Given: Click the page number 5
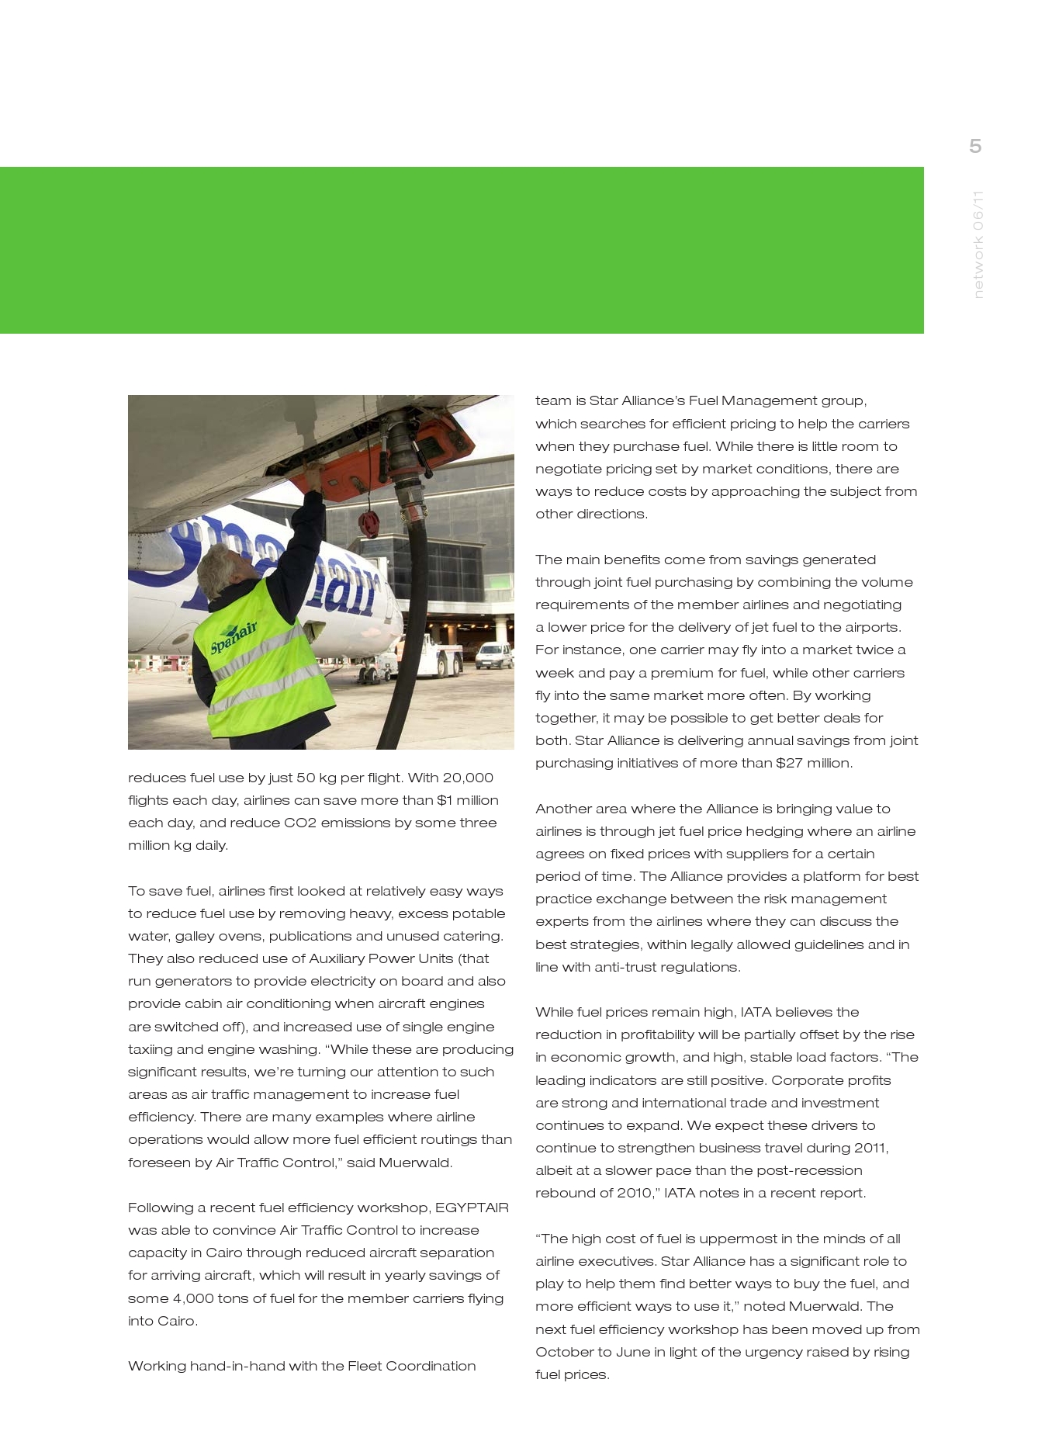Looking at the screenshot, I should click(975, 146).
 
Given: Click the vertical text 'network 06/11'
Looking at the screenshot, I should click(978, 244).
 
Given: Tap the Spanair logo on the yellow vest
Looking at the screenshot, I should click(234, 636).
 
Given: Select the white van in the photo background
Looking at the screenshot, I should click(493, 656).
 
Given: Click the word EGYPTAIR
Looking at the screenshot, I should click(472, 1208).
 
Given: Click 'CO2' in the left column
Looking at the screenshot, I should click(299, 823).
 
